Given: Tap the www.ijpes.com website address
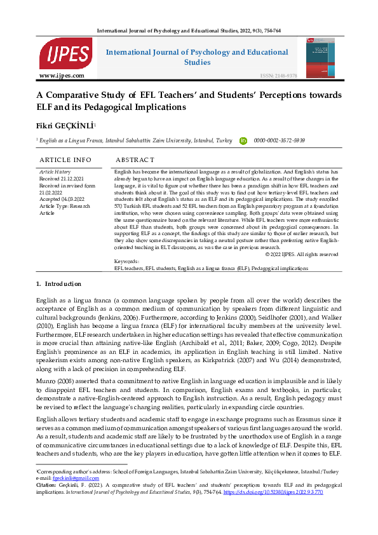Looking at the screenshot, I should click(x=62, y=76).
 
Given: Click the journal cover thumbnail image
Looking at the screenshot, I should click(x=319, y=58).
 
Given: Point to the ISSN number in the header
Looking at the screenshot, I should click(x=278, y=76).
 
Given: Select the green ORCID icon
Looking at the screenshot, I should click(x=243, y=140).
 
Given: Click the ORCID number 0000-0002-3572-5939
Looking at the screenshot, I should click(x=280, y=140).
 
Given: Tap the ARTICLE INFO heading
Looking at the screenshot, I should click(x=65, y=159).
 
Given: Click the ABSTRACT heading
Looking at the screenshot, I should click(x=135, y=159).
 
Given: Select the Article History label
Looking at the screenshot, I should click(x=55, y=172).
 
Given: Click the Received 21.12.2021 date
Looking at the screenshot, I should click(x=62, y=179).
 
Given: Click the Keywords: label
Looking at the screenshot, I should click(x=126, y=261).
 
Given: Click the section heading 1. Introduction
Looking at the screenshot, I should click(x=58, y=283).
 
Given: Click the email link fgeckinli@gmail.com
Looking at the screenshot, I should click(x=72, y=478).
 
